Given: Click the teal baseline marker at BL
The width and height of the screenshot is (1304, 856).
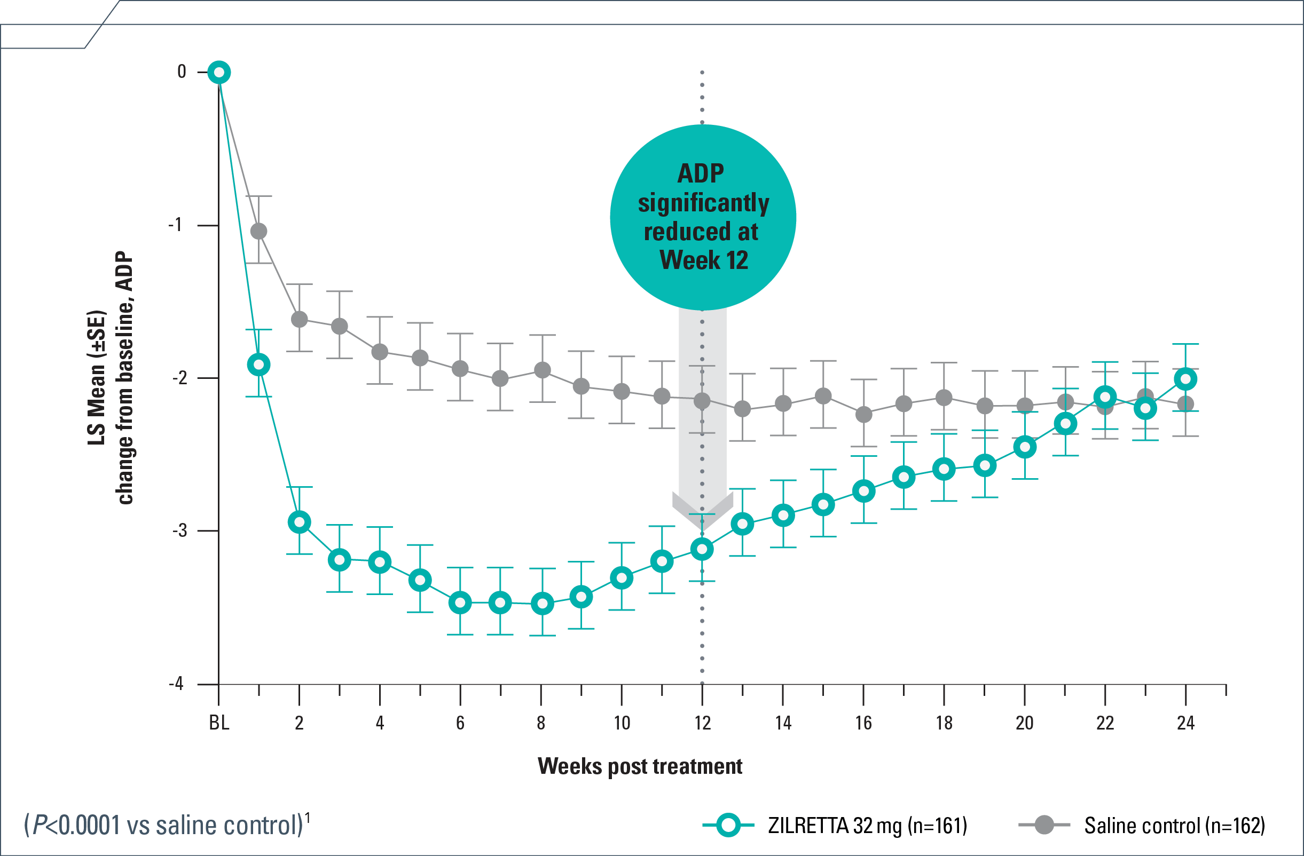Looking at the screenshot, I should [x=218, y=72].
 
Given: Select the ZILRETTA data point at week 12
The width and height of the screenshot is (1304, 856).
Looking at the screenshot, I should [x=702, y=549].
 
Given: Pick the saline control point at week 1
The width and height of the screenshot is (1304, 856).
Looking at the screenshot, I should [x=258, y=231].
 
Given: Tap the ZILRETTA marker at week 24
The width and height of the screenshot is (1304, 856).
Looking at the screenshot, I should [x=1185, y=379].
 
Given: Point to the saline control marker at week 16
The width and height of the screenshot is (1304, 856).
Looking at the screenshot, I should [x=863, y=414].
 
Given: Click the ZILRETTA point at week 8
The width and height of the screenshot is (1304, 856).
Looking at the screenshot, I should [x=542, y=604].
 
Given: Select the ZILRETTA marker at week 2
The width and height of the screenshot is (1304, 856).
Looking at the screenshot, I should [x=299, y=522].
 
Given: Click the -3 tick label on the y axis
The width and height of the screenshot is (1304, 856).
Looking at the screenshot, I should [x=180, y=530].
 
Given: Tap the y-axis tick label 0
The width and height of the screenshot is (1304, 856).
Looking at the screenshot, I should [x=182, y=72].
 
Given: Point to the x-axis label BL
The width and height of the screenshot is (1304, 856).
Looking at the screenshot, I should [x=218, y=723].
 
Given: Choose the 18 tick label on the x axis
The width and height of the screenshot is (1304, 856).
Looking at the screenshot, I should [x=944, y=723].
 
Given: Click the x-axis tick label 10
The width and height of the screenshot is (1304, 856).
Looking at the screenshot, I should [x=622, y=723].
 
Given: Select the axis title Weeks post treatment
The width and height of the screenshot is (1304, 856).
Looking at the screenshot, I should [x=639, y=766].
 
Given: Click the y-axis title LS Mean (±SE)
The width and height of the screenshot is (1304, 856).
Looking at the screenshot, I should [x=97, y=377].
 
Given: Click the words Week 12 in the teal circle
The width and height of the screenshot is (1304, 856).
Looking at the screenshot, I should [x=703, y=260].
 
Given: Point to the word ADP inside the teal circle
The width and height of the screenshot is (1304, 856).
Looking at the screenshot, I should [x=701, y=173].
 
